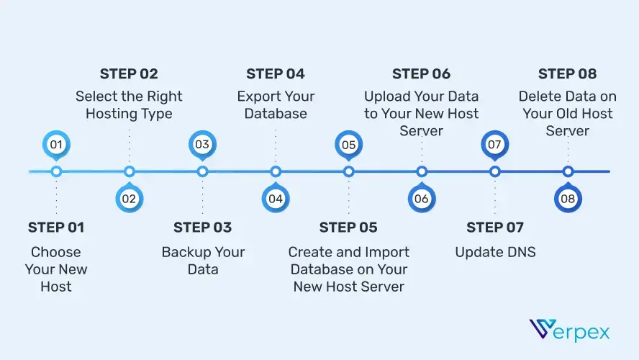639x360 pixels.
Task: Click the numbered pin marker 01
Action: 56,145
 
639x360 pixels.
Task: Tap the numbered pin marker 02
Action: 130,199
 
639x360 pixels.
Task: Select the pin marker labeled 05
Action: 349,145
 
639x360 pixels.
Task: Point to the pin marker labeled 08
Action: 568,199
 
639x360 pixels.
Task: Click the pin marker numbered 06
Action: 422,199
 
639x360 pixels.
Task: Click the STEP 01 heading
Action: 56,228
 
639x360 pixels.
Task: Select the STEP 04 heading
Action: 276,73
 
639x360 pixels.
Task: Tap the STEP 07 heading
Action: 495,228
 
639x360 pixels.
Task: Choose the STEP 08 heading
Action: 568,73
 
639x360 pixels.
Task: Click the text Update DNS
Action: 495,252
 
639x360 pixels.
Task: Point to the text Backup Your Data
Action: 203,261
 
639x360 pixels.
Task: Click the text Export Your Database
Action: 276,104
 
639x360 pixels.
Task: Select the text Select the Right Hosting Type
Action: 130,104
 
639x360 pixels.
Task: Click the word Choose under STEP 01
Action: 56,252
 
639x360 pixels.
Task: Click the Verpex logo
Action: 570,330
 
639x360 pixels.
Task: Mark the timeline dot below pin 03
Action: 203,171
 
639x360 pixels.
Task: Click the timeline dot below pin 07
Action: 495,171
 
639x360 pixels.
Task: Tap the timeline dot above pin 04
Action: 276,171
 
